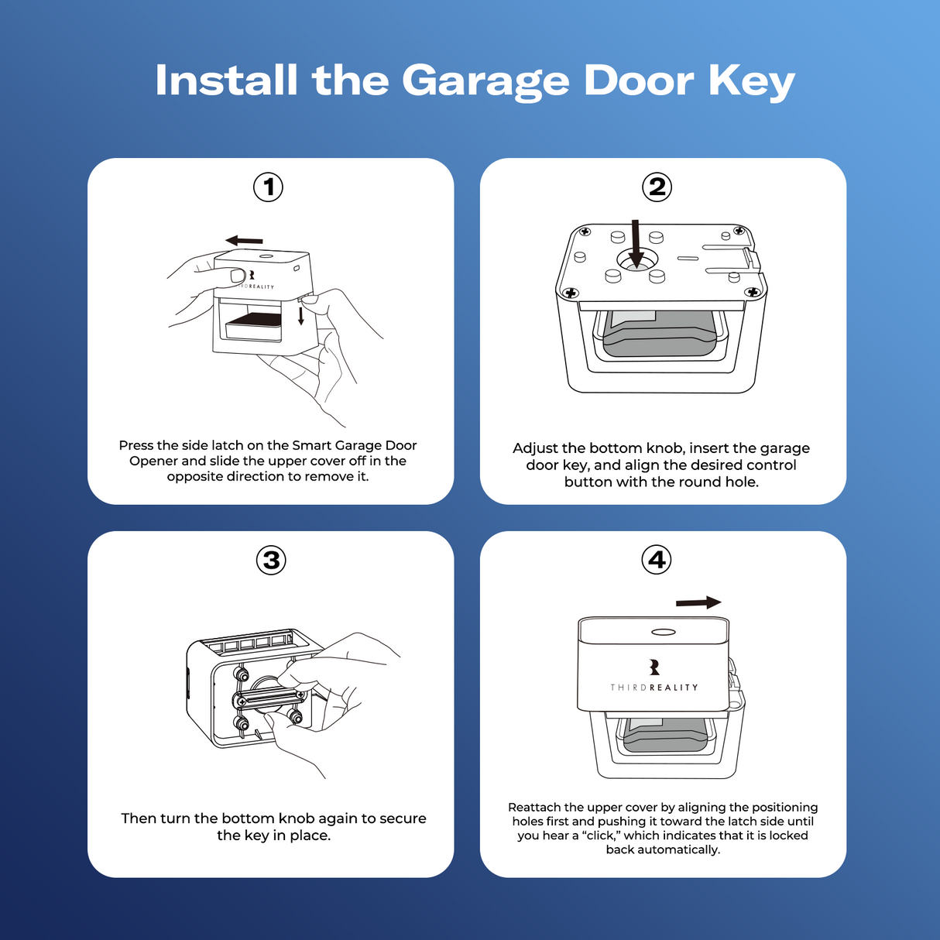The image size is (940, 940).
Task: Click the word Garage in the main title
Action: point(485,81)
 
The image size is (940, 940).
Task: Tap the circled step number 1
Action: point(269,187)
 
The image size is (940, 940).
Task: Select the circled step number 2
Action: point(657,187)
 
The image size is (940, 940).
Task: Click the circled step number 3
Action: point(271,560)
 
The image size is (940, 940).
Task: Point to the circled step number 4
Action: point(657,559)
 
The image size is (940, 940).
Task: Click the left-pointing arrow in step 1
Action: point(244,240)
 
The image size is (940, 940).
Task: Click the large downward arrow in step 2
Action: point(636,244)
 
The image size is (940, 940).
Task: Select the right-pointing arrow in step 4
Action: point(698,603)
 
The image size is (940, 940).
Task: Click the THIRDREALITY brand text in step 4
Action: point(654,688)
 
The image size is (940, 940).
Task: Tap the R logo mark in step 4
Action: point(654,667)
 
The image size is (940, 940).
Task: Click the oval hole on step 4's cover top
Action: point(664,632)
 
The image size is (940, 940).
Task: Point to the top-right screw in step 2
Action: point(739,231)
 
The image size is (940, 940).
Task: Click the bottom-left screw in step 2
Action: point(571,293)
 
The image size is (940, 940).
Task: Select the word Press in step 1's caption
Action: point(136,445)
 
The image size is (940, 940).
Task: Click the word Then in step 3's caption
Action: point(139,818)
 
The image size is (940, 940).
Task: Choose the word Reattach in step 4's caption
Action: point(534,807)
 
